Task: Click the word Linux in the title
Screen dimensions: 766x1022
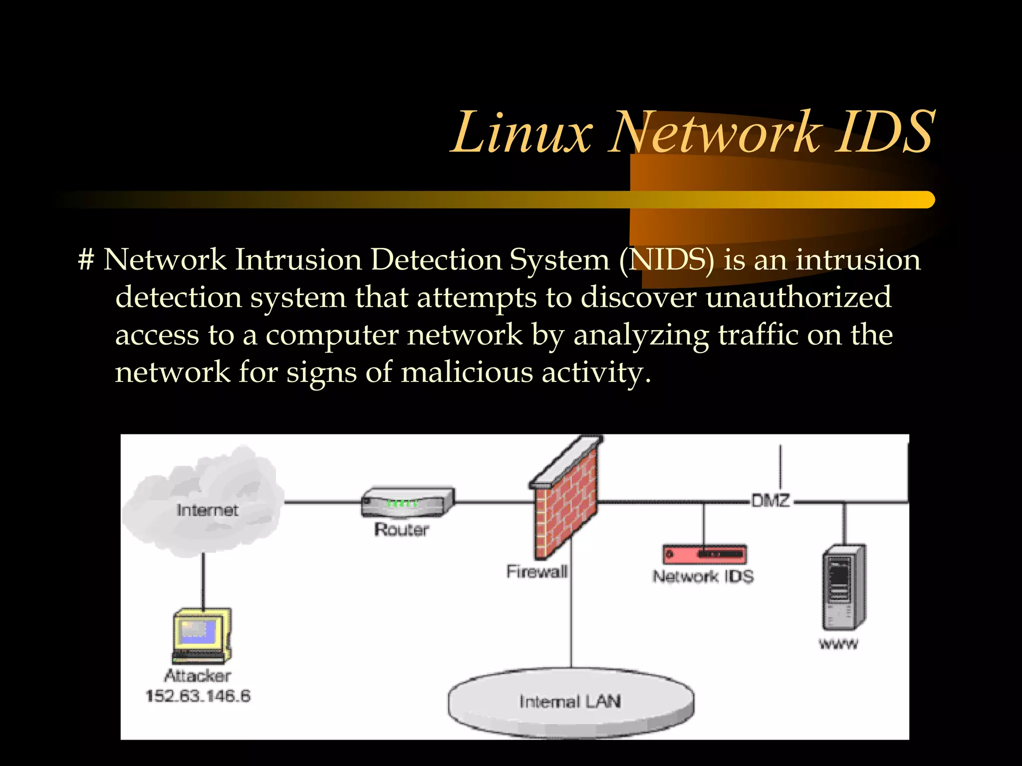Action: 521,133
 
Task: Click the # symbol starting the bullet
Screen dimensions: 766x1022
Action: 86,260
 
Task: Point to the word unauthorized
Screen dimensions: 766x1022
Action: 798,297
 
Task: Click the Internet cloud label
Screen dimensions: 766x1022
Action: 207,510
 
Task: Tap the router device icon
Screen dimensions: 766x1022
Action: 407,502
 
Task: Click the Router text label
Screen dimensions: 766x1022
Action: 402,530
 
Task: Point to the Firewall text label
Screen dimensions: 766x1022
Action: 537,572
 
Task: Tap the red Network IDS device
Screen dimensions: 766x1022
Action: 704,554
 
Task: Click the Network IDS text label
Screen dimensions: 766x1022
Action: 703,577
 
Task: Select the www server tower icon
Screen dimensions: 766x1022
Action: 843,587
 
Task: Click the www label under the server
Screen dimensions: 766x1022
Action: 838,644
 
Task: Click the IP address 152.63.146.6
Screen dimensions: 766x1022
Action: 198,696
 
